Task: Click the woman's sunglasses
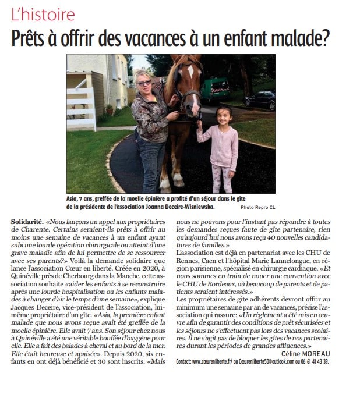(x=144, y=83)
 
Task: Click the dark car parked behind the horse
(x=259, y=99)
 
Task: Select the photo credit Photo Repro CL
(x=256, y=207)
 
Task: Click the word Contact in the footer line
(x=186, y=361)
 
